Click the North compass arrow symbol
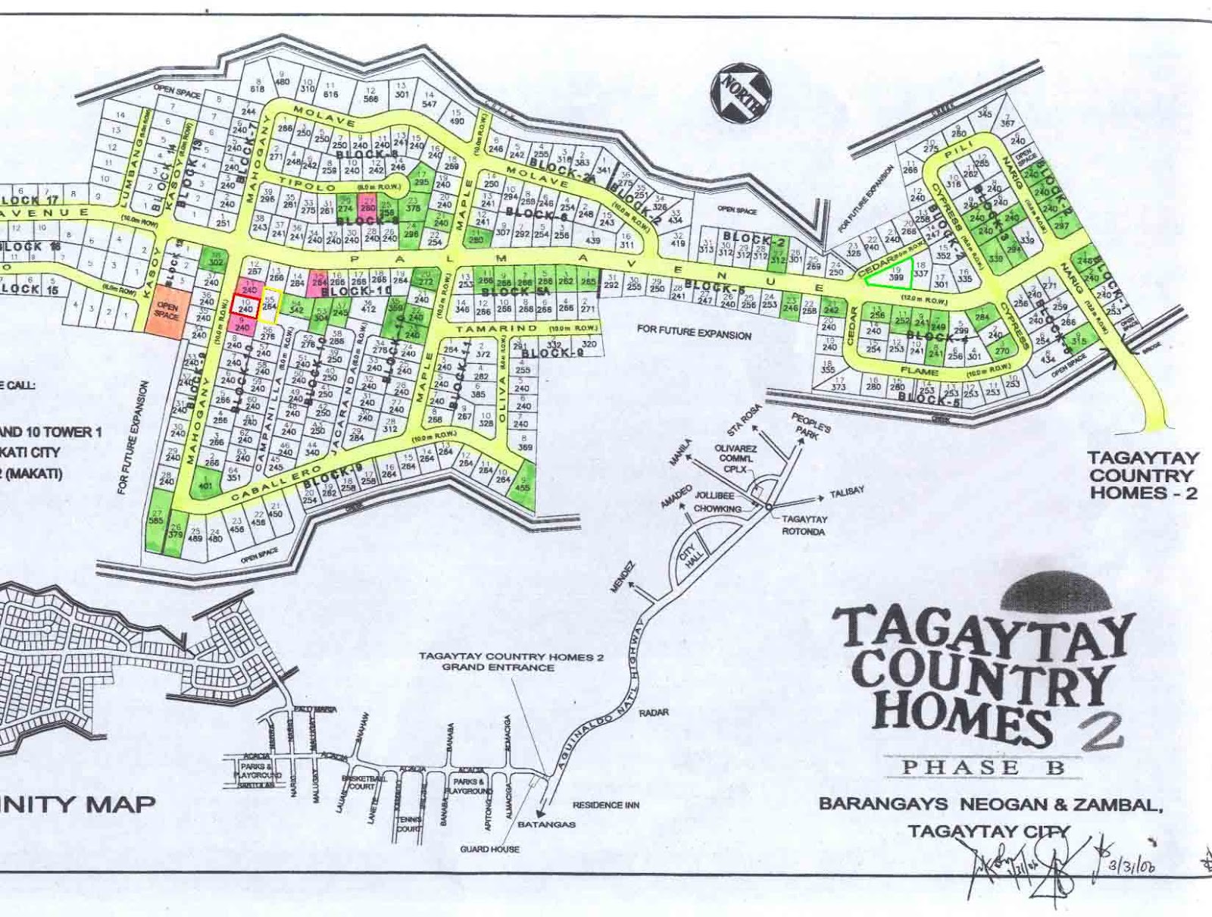[x=742, y=95]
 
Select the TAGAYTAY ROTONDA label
[x=804, y=525]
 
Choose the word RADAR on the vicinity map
[x=654, y=713]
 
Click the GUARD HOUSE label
[x=489, y=849]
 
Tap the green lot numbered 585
[x=156, y=521]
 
